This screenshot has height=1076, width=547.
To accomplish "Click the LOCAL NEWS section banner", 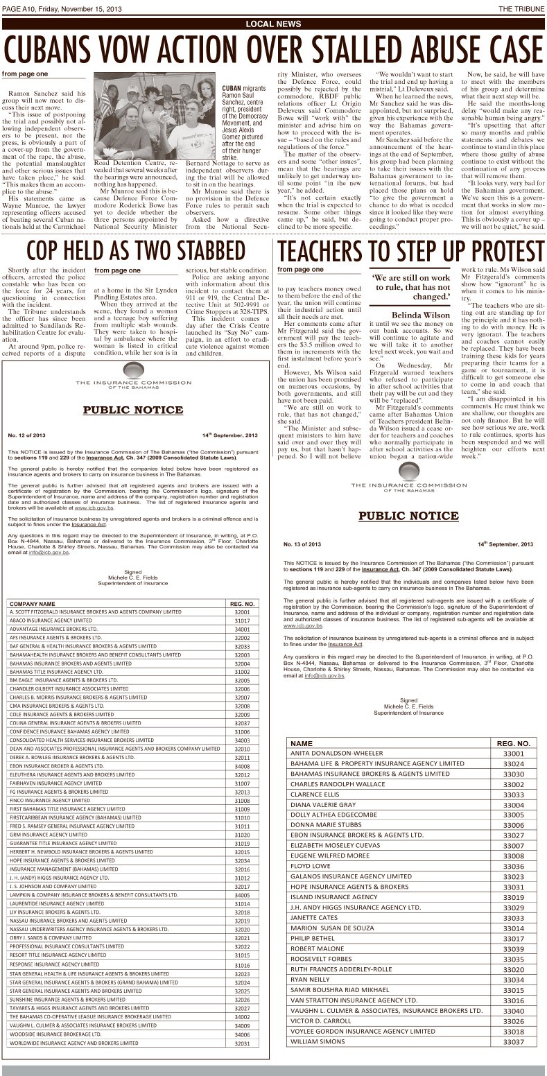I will tap(273, 24).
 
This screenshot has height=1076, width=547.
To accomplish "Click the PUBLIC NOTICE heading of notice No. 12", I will tap(133, 410).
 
